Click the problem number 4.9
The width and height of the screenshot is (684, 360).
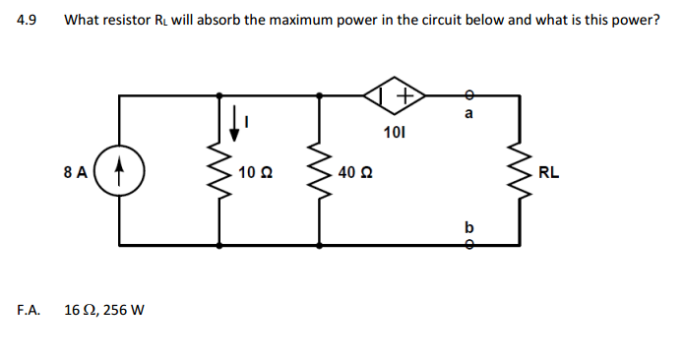[x=27, y=20]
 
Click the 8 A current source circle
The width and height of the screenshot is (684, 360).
[x=119, y=171]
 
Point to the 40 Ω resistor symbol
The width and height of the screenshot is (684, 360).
[x=320, y=173]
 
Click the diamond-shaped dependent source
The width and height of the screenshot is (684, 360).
[x=394, y=95]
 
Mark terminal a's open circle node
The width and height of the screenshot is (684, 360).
[x=468, y=95]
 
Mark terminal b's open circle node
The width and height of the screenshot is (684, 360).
[x=468, y=244]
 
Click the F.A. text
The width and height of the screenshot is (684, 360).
[x=29, y=310]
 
